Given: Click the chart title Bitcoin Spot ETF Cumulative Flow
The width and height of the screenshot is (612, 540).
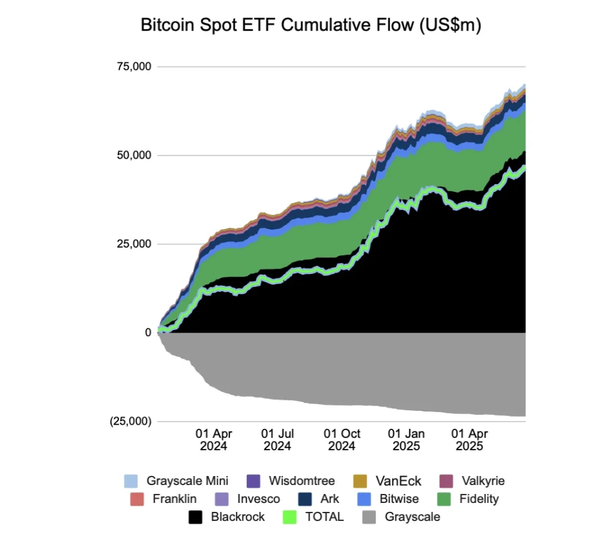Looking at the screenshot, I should tap(310, 26).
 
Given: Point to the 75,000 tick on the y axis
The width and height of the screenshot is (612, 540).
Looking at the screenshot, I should tap(134, 66).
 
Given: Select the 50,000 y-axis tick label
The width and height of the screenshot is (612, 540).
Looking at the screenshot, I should tap(134, 155).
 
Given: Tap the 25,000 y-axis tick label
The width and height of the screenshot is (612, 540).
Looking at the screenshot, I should tap(134, 244).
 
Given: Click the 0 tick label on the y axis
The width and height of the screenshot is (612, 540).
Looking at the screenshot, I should tap(147, 332).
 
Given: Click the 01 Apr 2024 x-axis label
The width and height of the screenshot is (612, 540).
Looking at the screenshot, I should tap(213, 440).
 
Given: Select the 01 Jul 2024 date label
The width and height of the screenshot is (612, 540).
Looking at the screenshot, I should tap(277, 440).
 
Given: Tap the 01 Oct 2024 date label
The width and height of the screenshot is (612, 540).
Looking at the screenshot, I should tap(342, 440).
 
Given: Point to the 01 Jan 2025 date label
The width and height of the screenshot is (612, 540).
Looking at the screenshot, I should tap(406, 440).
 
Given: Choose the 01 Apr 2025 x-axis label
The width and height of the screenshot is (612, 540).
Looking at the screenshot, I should tap(470, 440).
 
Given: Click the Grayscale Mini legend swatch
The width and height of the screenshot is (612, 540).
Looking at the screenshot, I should tap(131, 481).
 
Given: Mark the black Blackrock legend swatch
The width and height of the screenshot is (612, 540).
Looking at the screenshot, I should tap(195, 517).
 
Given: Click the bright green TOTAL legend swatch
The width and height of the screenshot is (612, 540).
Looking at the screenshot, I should tap(290, 517).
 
